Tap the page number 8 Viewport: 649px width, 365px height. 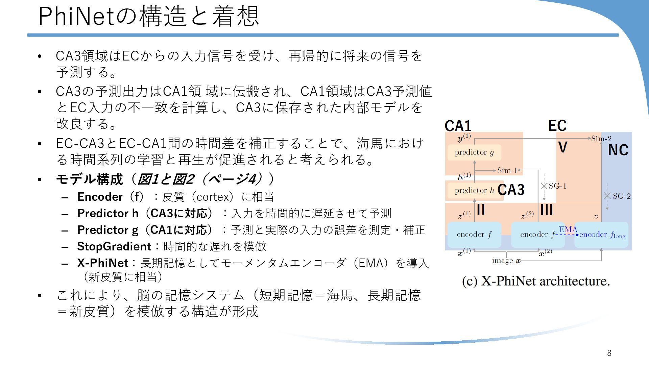(609, 353)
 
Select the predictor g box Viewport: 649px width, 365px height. (474, 152)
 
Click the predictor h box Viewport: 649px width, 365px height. (474, 191)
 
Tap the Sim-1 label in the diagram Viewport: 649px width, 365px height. (507, 170)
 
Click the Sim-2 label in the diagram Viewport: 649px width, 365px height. (601, 139)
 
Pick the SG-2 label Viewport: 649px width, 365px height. (622, 196)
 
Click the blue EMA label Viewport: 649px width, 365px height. (568, 229)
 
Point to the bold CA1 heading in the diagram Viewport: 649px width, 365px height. (458, 126)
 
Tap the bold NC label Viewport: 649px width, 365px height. (618, 150)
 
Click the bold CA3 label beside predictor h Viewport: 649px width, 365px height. (511, 190)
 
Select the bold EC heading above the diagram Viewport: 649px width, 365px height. (557, 126)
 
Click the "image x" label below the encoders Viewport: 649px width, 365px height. (506, 261)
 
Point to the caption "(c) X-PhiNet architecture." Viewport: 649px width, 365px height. (536, 281)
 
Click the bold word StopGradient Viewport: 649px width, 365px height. (114, 246)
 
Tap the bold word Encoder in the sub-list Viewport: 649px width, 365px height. (100, 197)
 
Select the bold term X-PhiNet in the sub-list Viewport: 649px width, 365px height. (103, 263)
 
